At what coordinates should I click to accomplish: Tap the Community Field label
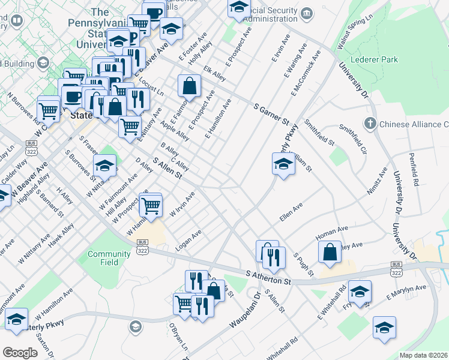109,258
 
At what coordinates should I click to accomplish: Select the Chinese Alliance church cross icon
370,124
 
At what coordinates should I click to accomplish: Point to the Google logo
20,353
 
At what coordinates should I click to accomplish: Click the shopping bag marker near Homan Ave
330,252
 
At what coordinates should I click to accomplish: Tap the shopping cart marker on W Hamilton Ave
151,206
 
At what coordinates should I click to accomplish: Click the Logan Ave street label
188,240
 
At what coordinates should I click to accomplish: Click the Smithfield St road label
319,133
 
